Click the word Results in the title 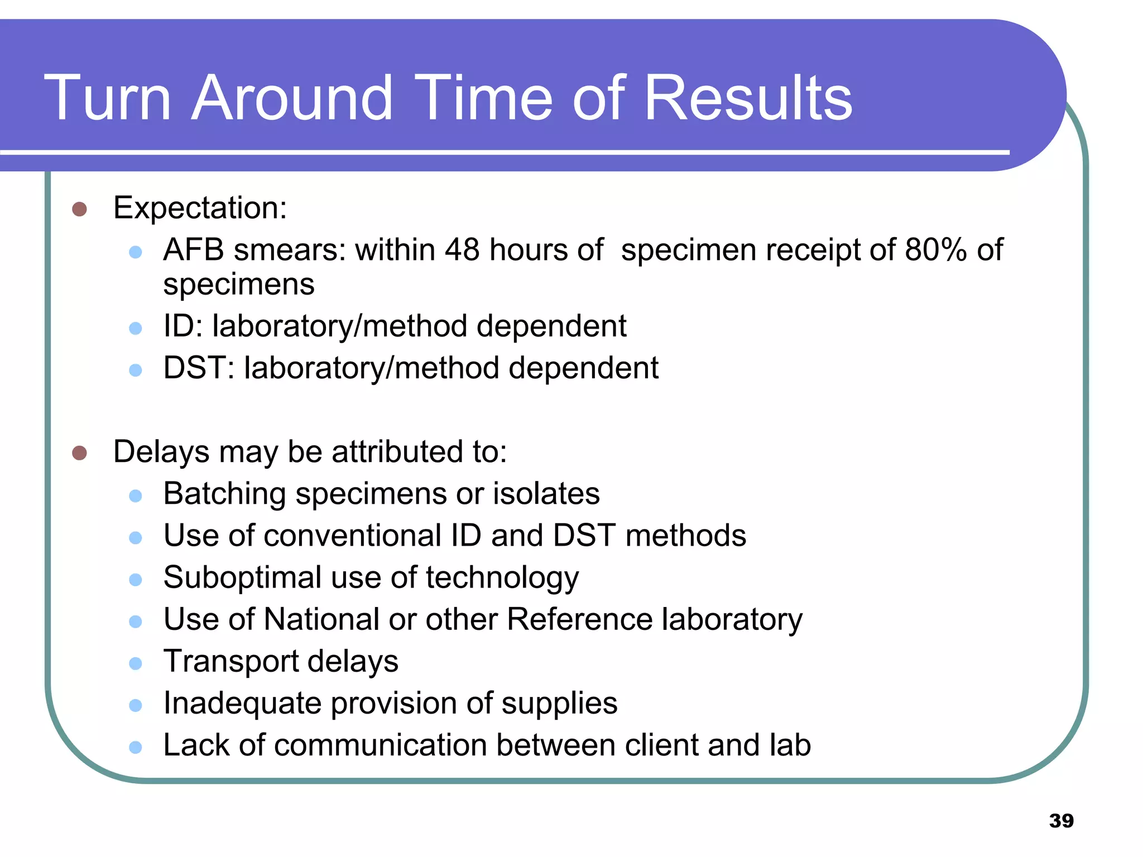point(748,98)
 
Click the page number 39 point(1061,821)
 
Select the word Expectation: point(200,208)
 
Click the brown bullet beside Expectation point(80,209)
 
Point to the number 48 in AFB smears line point(462,249)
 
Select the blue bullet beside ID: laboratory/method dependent point(136,328)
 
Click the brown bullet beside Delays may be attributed point(80,452)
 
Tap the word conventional point(353,536)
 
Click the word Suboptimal point(242,577)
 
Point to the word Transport point(231,662)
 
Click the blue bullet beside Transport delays point(136,663)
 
